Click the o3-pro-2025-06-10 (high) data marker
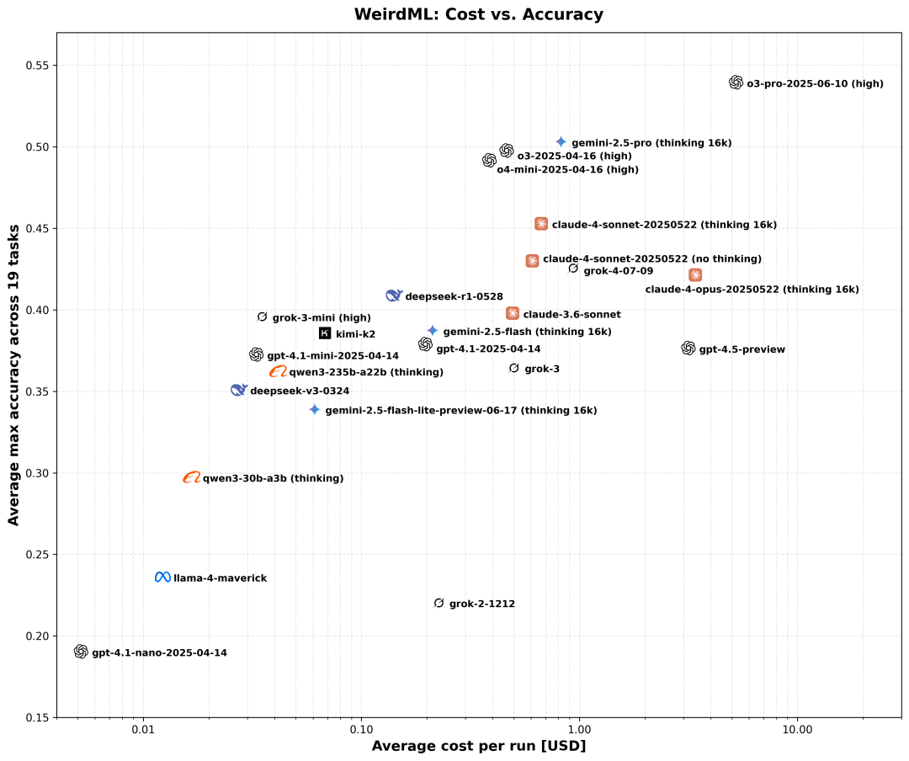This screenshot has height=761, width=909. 736,82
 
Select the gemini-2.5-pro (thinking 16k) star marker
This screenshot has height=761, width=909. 561,142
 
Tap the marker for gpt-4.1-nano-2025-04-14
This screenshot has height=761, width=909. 81,652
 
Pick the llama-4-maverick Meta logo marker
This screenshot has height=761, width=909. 162,577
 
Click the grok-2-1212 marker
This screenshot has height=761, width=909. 439,604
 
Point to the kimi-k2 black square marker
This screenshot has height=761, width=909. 325,333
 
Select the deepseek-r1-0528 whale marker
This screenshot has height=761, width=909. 394,295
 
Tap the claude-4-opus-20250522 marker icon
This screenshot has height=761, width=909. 695,275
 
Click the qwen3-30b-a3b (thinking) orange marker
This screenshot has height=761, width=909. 192,477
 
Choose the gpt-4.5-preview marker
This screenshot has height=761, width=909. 688,349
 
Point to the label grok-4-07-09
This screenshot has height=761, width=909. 618,271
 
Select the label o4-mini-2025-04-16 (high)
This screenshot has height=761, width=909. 567,170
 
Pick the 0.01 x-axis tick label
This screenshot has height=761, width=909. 144,728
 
